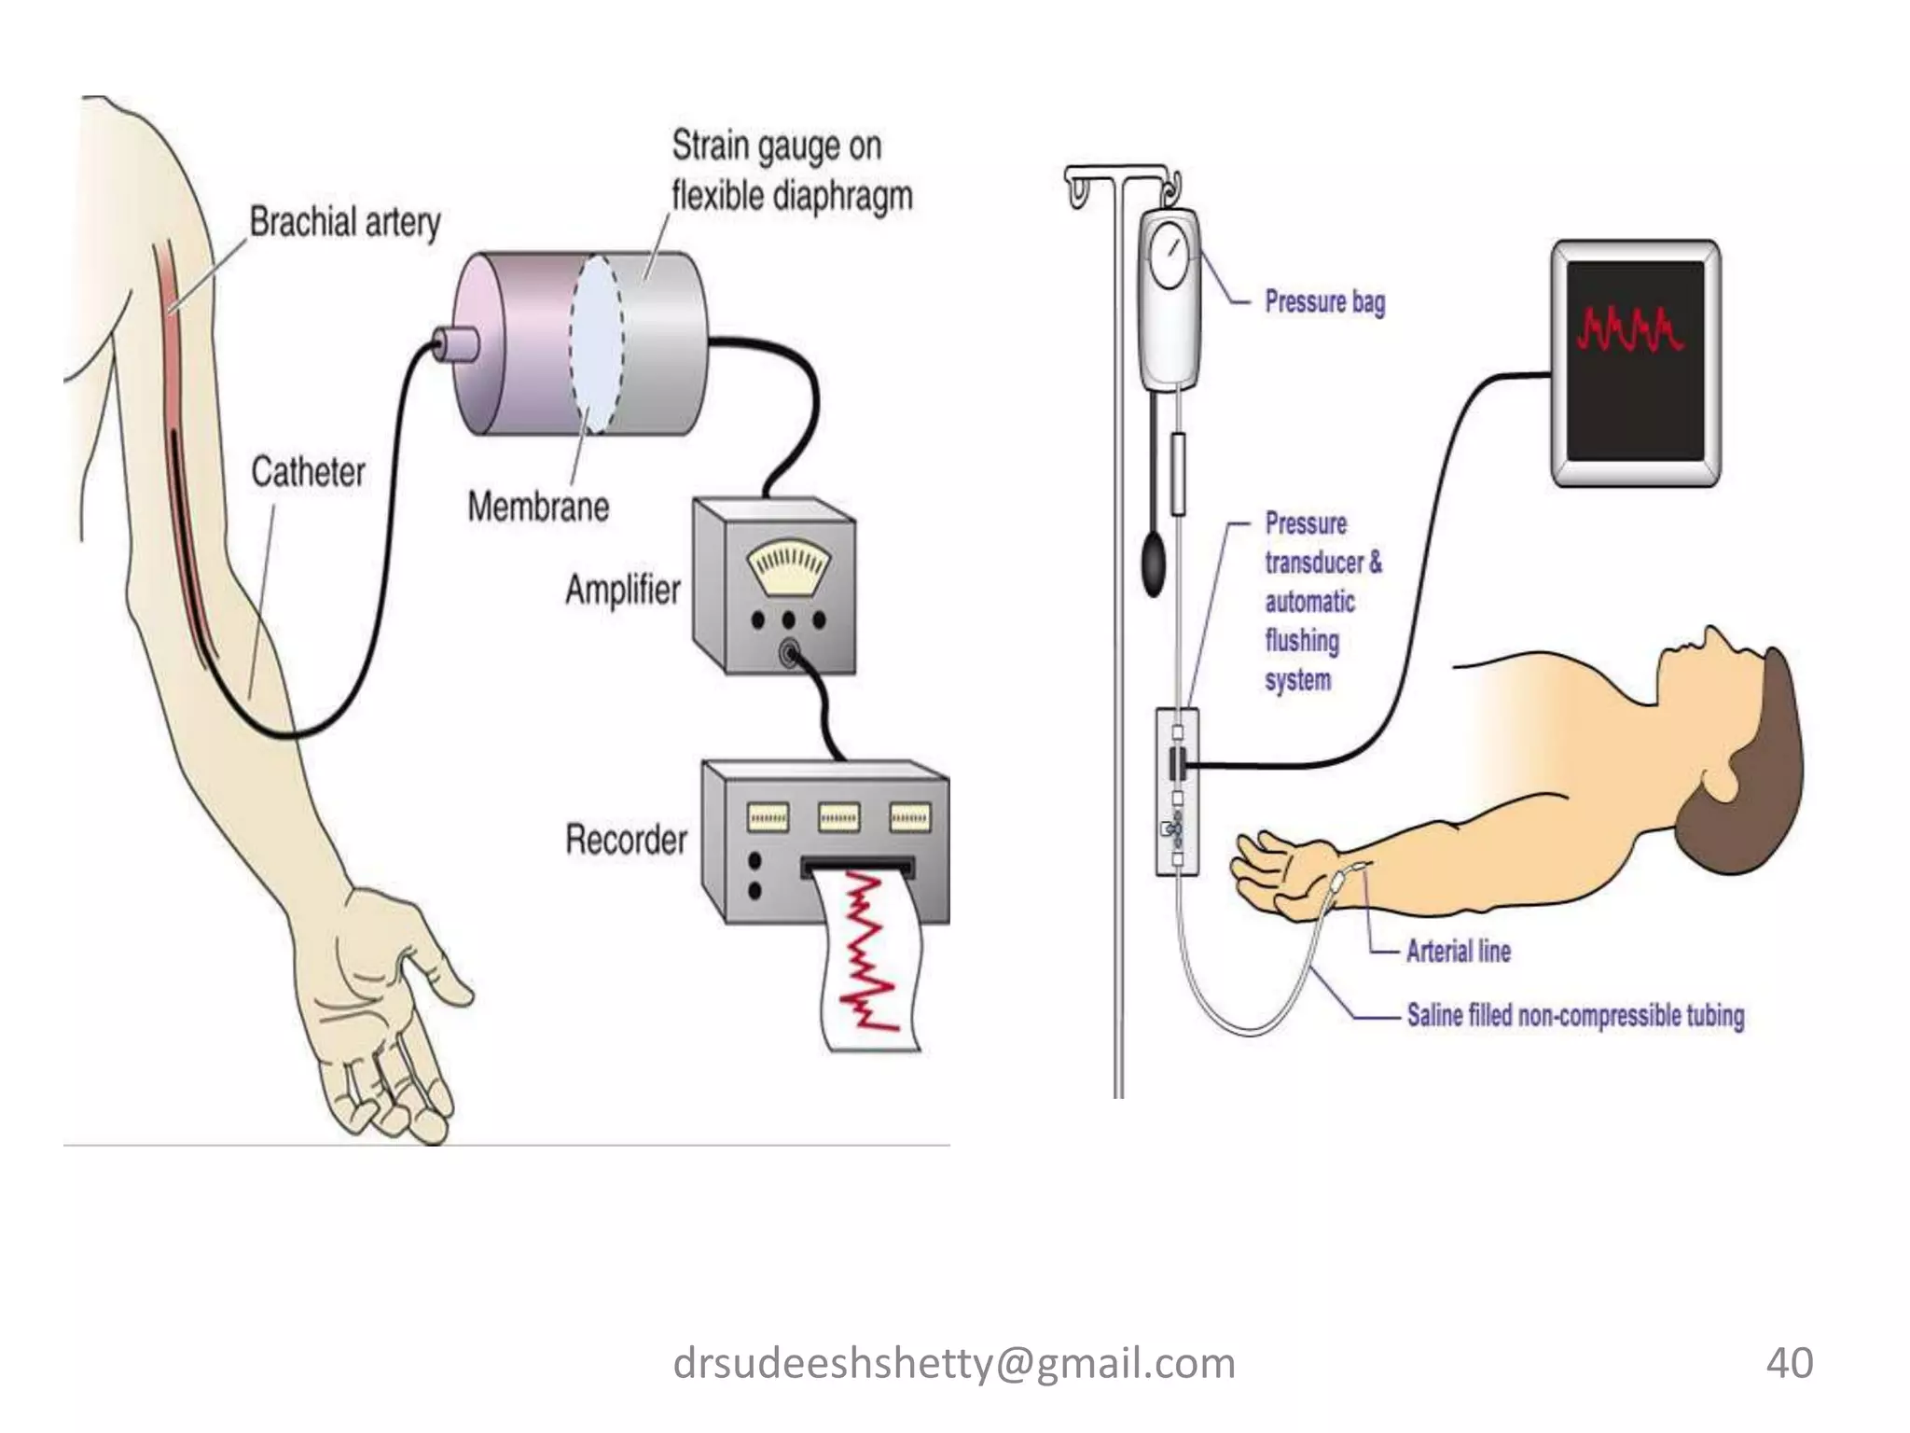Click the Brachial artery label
(x=345, y=223)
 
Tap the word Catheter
(x=308, y=472)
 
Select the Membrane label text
(x=538, y=508)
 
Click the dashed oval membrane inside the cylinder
(x=597, y=342)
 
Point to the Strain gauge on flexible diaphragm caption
(x=791, y=171)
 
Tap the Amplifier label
(x=623, y=590)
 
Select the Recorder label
(x=626, y=840)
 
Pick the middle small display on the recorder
(x=838, y=817)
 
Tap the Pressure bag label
(x=1324, y=302)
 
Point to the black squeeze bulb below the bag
(x=1156, y=561)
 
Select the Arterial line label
(x=1458, y=952)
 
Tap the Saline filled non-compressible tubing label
(x=1574, y=1015)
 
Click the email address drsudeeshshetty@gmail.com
(x=954, y=1363)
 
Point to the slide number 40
(x=1789, y=1363)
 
